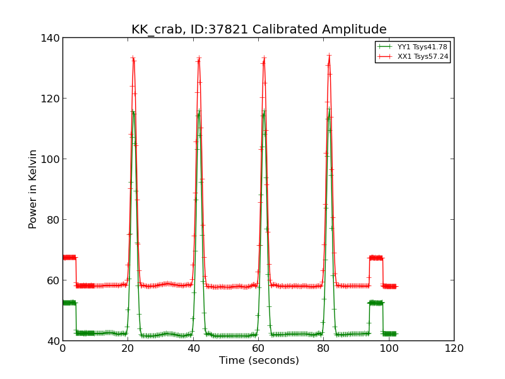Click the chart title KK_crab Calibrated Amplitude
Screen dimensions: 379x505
tap(259, 30)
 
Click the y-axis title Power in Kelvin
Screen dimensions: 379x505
tap(33, 189)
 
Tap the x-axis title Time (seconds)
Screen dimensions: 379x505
tap(259, 361)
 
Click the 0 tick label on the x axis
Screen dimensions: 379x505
tap(63, 349)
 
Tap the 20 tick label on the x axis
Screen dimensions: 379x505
tap(128, 349)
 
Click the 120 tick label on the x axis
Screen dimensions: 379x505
tap(454, 349)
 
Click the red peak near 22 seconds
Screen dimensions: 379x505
tap(133, 58)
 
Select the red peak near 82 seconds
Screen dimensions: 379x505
tap(329, 56)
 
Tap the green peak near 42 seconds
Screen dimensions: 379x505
tap(199, 112)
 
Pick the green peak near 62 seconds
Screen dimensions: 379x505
tap(264, 112)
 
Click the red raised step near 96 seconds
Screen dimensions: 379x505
tap(376, 258)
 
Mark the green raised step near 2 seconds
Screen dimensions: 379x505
tap(69, 303)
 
